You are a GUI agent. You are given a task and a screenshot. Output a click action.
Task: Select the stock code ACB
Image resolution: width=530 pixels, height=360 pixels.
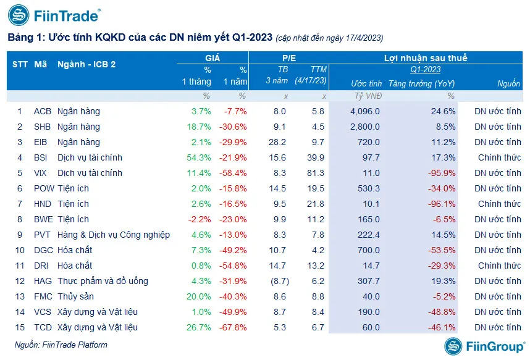pyautogui.click(x=43, y=112)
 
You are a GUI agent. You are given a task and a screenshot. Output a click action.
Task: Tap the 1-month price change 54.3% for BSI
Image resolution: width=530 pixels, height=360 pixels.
pyautogui.click(x=199, y=158)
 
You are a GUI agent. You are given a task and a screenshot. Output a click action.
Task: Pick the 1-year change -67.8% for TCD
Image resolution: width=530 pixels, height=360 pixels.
pyautogui.click(x=235, y=327)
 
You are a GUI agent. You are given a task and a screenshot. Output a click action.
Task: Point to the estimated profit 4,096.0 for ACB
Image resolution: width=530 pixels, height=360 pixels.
pyautogui.click(x=364, y=112)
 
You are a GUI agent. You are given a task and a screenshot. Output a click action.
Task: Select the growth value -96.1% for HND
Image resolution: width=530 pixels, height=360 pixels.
pyautogui.click(x=441, y=204)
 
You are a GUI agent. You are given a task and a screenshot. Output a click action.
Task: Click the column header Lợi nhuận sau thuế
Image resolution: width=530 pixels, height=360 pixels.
pyautogui.click(x=426, y=58)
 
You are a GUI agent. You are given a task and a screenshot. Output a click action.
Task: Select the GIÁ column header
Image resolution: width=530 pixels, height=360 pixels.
pyautogui.click(x=213, y=58)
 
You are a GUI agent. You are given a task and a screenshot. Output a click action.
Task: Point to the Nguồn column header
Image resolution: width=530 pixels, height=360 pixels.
pyautogui.click(x=508, y=83)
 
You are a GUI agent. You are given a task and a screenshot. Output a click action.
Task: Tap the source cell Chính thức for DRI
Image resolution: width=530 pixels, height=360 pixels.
pyautogui.click(x=499, y=266)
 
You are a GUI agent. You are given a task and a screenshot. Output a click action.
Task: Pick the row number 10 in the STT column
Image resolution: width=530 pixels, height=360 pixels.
pyautogui.click(x=19, y=250)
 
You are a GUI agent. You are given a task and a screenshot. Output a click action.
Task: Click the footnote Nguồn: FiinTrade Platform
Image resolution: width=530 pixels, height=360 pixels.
pyautogui.click(x=57, y=345)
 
